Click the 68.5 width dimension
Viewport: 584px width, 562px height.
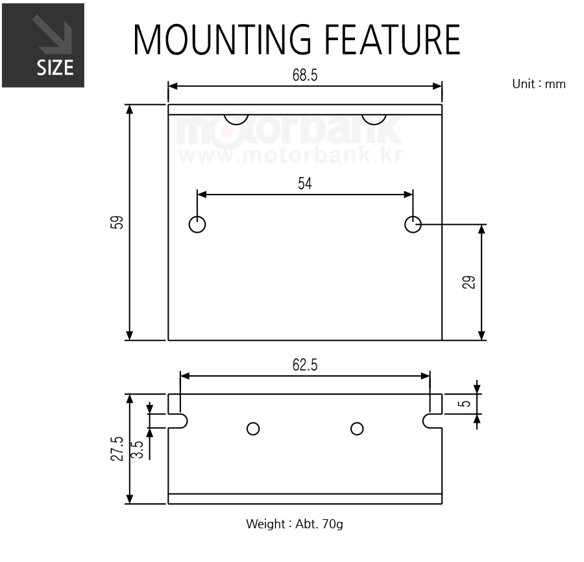(305, 75)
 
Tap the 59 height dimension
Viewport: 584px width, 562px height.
(117, 222)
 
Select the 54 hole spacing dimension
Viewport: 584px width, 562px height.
(305, 183)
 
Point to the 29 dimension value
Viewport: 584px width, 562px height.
(469, 283)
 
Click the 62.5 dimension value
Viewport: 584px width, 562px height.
(305, 365)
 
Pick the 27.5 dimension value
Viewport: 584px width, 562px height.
(117, 449)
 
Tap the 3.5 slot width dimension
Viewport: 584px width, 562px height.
(138, 450)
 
